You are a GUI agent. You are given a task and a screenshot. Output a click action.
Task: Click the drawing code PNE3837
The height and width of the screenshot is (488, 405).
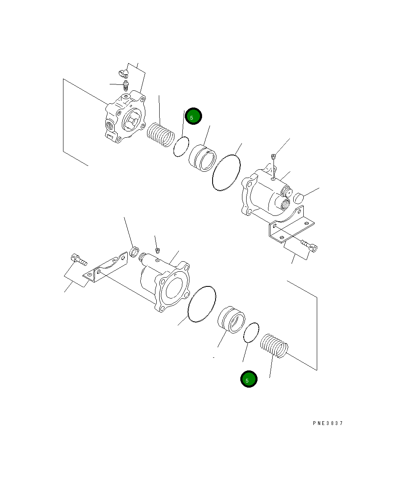328,423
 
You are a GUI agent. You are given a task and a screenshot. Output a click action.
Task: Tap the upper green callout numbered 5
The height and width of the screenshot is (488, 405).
193,117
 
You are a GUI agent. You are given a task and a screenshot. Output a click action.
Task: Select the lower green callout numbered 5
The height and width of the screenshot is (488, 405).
248,380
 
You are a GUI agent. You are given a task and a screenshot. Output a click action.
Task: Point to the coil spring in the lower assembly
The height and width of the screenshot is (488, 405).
274,346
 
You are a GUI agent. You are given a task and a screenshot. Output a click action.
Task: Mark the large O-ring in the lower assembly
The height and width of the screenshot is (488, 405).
202,304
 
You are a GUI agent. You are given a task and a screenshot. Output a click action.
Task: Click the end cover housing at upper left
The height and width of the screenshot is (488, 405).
125,118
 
